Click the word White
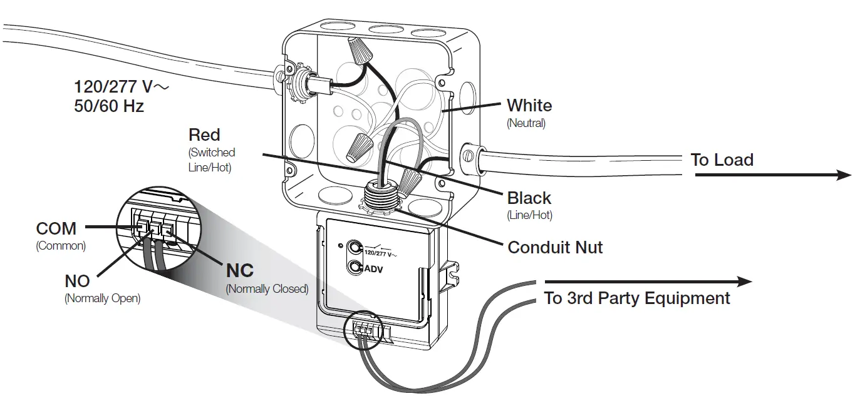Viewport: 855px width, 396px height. click(529, 105)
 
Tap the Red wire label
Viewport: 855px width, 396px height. click(204, 135)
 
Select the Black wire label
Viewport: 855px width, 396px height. click(529, 198)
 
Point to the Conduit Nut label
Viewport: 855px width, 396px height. click(555, 247)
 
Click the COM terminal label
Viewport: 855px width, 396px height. click(56, 228)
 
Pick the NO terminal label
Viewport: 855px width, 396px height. click(77, 281)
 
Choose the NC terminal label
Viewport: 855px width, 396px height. click(239, 270)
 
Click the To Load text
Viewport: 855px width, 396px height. click(722, 160)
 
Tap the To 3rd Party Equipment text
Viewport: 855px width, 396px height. click(637, 298)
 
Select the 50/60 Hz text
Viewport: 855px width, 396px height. click(109, 106)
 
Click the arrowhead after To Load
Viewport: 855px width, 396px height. click(843, 175)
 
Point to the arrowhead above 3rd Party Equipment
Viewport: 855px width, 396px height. click(744, 282)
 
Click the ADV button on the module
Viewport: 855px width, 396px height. click(355, 268)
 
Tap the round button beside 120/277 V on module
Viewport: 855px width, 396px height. click(355, 247)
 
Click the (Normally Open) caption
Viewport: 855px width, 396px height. click(102, 299)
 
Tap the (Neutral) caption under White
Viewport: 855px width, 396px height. click(526, 123)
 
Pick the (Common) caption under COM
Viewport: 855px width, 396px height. click(61, 246)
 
